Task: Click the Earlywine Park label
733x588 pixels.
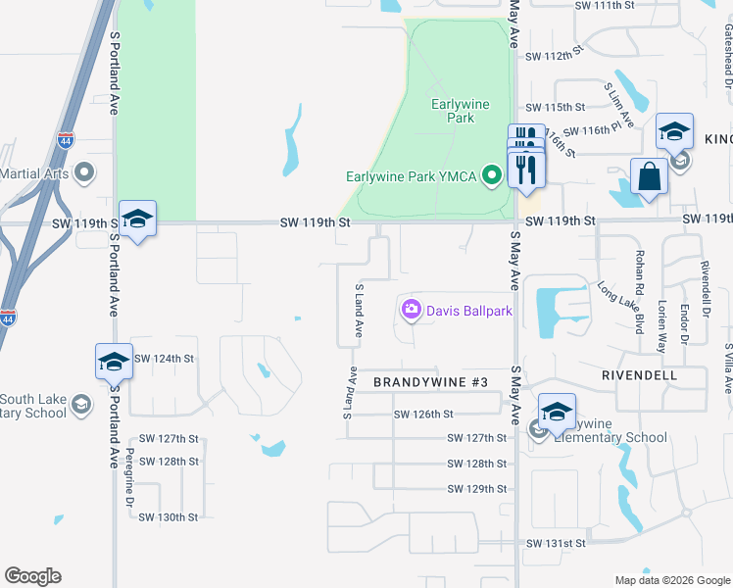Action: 454,110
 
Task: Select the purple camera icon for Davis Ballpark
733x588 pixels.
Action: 411,310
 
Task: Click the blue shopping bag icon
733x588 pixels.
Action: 649,178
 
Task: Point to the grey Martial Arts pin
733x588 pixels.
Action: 84,174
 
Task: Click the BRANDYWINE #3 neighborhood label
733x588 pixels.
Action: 423,381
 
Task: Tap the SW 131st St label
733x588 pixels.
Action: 556,543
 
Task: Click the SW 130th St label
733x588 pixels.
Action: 169,516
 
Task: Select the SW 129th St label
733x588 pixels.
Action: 476,488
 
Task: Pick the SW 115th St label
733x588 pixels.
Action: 555,107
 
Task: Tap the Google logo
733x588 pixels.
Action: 32,576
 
